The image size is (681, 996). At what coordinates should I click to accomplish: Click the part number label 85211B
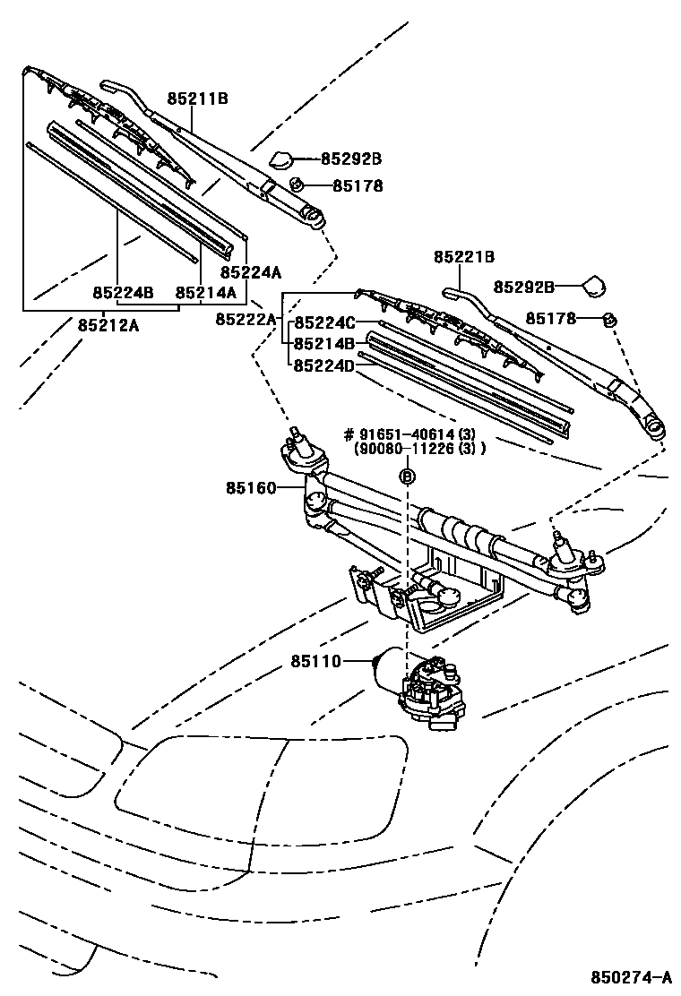click(197, 99)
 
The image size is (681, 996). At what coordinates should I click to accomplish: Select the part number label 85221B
click(464, 257)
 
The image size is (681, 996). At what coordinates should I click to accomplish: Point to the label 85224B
click(124, 293)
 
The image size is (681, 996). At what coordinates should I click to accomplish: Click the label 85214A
click(205, 293)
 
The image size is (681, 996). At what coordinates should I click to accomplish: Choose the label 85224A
click(251, 272)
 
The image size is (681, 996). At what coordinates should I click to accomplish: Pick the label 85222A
click(246, 319)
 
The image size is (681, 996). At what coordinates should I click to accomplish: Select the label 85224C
click(325, 322)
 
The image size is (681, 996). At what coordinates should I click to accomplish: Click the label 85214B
click(325, 343)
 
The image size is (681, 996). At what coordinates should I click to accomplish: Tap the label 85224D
click(325, 365)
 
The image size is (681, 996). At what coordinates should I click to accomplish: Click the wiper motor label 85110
click(315, 662)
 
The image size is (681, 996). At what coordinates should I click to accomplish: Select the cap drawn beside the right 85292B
click(594, 286)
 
